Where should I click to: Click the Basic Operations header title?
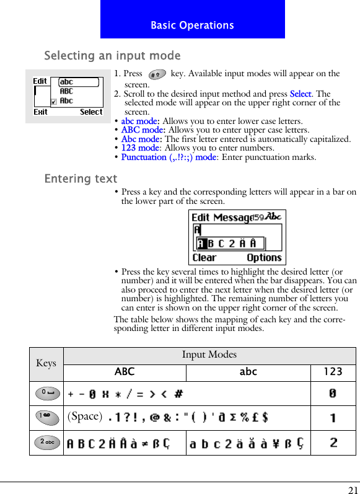coord(192,25)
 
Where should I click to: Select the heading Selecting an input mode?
coord(112,56)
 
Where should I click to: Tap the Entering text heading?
coord(81,179)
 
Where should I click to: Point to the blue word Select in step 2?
coord(301,94)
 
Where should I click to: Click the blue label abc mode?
coord(140,121)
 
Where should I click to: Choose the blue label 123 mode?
coord(140,148)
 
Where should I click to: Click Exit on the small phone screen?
coord(41,112)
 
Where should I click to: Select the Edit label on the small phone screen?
coord(40,81)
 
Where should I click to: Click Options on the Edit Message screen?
coord(264,258)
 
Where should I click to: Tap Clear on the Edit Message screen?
coord(204,258)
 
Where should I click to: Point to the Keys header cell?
coord(46,363)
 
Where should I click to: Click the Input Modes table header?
coord(209,355)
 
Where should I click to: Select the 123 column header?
coord(333,372)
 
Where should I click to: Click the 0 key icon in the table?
coord(46,393)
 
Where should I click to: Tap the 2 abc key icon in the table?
coord(46,442)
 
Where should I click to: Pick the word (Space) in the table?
coord(84,417)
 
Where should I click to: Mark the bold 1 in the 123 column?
coord(333,418)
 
